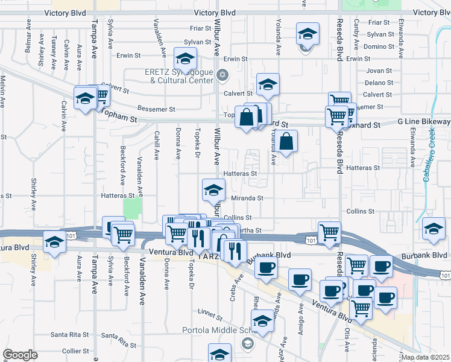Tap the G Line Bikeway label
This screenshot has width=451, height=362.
pyautogui.click(x=423, y=122)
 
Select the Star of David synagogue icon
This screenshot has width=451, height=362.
pyautogui.click(x=222, y=75)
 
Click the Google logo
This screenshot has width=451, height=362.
pyautogui.click(x=20, y=355)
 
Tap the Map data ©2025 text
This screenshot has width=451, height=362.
pyautogui.click(x=426, y=357)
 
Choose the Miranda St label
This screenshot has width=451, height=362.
pyautogui.click(x=247, y=198)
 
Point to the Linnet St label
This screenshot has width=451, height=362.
pyautogui.click(x=210, y=312)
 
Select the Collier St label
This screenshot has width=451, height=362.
pyautogui.click(x=75, y=351)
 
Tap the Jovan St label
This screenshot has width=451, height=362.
pyautogui.click(x=379, y=71)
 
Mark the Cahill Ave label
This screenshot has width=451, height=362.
pyautogui.click(x=157, y=147)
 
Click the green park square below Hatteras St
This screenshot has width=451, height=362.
pyautogui.click(x=132, y=209)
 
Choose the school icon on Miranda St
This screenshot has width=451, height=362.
pyautogui.click(x=213, y=190)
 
